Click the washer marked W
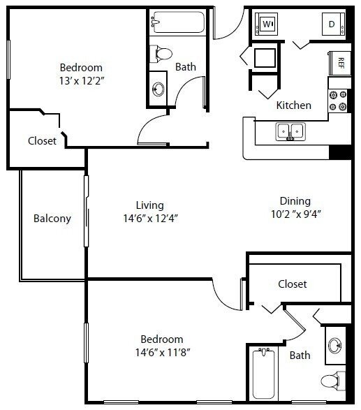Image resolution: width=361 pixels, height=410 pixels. (x=267, y=24)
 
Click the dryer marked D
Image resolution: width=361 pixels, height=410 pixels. (x=332, y=24)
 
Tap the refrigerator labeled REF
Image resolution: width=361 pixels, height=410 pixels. (x=341, y=61)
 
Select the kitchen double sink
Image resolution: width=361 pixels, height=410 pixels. (x=290, y=131)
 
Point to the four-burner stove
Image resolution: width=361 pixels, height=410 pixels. (x=339, y=102)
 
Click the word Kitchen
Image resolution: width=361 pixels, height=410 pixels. (x=293, y=105)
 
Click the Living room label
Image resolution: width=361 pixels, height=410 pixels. (x=149, y=205)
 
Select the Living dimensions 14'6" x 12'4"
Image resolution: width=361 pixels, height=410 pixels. (x=149, y=218)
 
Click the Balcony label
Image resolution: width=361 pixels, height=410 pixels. (x=52, y=219)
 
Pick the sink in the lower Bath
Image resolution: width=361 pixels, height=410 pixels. (x=336, y=346)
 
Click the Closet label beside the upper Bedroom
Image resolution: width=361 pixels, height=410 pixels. (x=42, y=140)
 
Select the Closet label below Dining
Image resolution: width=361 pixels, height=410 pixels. (x=293, y=284)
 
